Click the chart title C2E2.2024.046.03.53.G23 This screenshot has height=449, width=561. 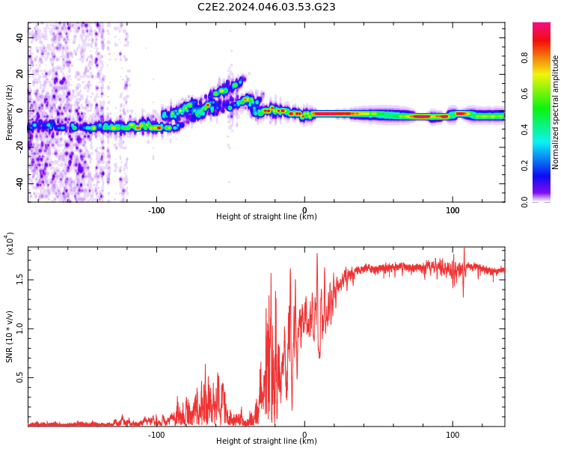(266, 7)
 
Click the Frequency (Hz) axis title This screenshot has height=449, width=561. (10, 112)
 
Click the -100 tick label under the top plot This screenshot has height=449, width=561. (156, 210)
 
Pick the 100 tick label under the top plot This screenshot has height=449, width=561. (453, 210)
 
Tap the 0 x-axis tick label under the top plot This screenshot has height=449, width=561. (304, 210)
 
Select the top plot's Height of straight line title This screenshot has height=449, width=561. (266, 217)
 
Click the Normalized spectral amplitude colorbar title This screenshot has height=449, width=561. (556, 112)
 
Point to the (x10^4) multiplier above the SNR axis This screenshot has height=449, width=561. (10, 243)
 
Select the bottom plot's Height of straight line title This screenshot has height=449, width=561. (266, 442)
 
